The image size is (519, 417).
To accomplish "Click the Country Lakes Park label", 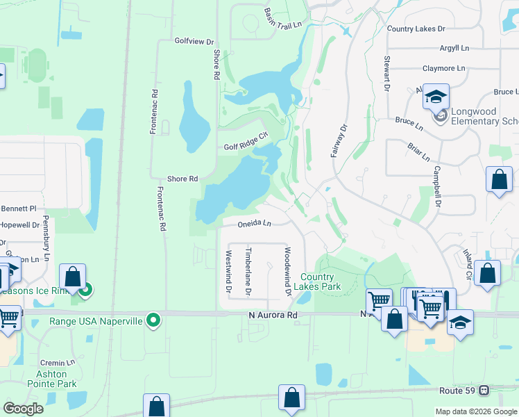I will [321, 281].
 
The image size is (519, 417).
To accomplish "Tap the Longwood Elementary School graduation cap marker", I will [436, 98].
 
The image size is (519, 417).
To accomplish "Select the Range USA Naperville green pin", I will [155, 321].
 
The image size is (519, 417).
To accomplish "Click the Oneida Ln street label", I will [253, 224].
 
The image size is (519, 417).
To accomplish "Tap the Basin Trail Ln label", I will [283, 19].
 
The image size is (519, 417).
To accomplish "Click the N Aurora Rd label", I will [273, 315].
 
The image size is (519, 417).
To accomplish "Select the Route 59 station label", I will [458, 391].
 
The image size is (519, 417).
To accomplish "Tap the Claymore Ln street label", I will [444, 68].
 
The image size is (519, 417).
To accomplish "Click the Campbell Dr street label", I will [437, 186].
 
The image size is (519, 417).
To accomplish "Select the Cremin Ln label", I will [57, 363].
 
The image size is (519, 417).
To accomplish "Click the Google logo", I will [23, 408].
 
